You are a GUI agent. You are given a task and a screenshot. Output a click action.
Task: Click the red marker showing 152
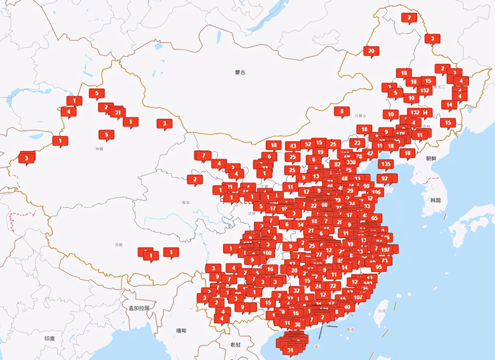(425, 91)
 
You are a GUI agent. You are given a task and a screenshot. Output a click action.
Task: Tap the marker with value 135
(386, 164)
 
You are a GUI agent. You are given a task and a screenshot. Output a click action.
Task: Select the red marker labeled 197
(386, 250)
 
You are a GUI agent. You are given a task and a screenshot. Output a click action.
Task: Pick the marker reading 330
(351, 162)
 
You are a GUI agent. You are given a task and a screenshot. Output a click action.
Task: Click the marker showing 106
(376, 192)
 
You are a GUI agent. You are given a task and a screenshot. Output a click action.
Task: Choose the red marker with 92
(385, 178)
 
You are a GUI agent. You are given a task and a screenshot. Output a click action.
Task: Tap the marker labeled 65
(374, 218)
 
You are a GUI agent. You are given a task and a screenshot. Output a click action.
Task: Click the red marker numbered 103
(267, 252)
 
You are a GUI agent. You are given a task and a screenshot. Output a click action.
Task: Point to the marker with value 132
(415, 113)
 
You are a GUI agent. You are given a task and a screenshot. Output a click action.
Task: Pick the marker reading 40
(347, 307)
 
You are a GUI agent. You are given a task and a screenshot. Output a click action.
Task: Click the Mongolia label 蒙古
(240, 72)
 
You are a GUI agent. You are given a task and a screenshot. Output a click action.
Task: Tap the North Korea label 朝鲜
(431, 158)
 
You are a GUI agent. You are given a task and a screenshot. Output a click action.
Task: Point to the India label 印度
(49, 338)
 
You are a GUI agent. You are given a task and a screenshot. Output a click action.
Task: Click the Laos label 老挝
(235, 345)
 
